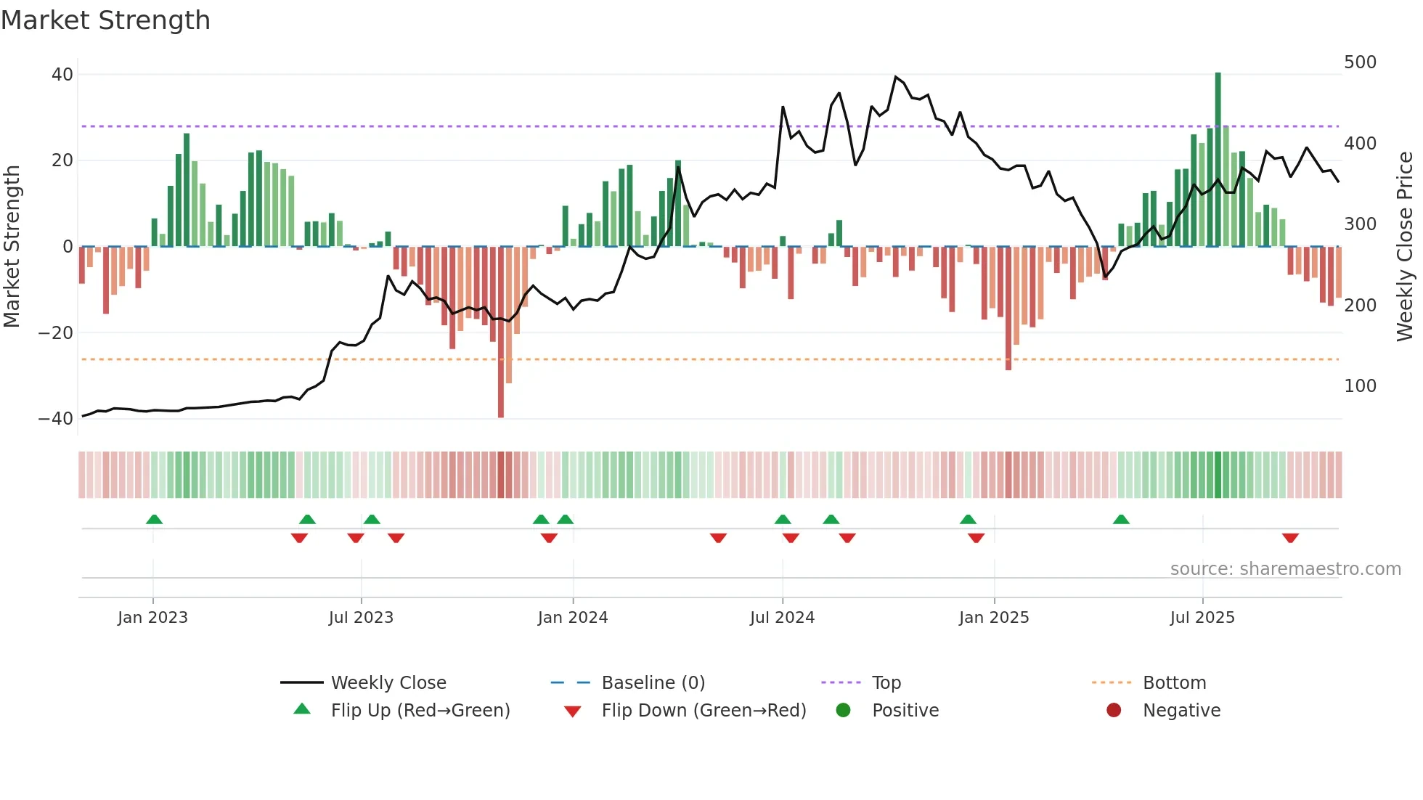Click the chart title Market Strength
pyautogui.click(x=105, y=20)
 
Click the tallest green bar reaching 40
pyautogui.click(x=1218, y=159)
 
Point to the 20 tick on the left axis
pyautogui.click(x=62, y=160)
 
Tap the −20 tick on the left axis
pyautogui.click(x=56, y=333)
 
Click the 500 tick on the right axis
pyautogui.click(x=1359, y=62)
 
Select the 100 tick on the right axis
pyautogui.click(x=1359, y=386)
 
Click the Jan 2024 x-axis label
pyautogui.click(x=572, y=618)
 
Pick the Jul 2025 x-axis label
pyautogui.click(x=1202, y=618)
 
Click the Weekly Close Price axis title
pyautogui.click(x=1404, y=247)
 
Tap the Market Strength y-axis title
pyautogui.click(x=12, y=247)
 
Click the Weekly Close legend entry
pyautogui.click(x=388, y=683)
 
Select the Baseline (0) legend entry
pyautogui.click(x=653, y=683)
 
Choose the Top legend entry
pyautogui.click(x=886, y=683)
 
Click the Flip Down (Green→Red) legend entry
pyautogui.click(x=703, y=711)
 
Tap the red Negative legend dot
pyautogui.click(x=1113, y=711)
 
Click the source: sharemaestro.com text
pyautogui.click(x=1285, y=569)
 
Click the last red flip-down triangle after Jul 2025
pyautogui.click(x=1289, y=538)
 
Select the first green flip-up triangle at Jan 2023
pyautogui.click(x=154, y=519)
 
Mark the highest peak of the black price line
pyautogui.click(x=895, y=77)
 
